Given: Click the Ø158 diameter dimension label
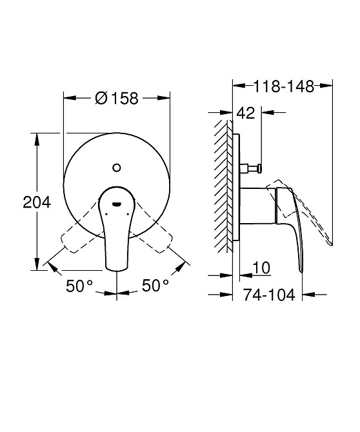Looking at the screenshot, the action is coord(116,99).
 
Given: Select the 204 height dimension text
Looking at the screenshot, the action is coord(37,202).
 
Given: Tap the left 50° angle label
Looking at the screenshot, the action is coord(79,286).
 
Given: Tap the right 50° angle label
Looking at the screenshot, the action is coord(155,286).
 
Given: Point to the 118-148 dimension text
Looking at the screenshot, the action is coord(284,86).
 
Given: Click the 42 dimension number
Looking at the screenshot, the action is coord(246,113).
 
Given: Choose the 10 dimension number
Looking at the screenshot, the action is coord(261,268).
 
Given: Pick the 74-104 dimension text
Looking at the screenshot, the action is coord(269,295).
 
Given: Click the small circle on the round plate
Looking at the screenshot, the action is coord(117,168).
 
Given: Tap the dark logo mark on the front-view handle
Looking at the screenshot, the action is coord(117,204).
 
